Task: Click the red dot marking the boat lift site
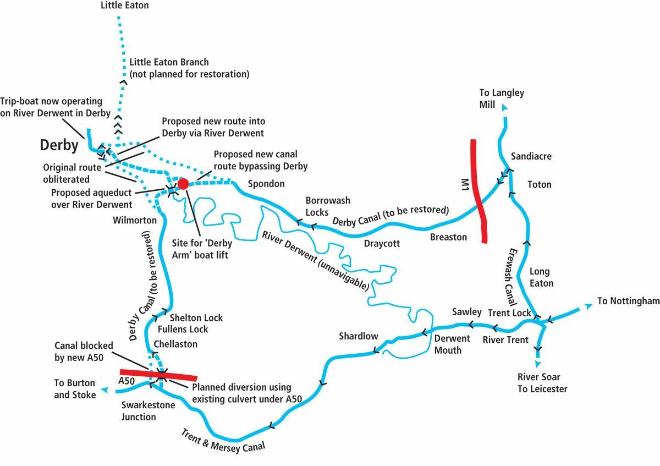(183, 183)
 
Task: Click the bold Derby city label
(58, 146)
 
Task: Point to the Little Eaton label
(125, 6)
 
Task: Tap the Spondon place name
(266, 184)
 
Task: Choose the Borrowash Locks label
(328, 206)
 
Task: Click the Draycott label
(381, 243)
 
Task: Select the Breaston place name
(448, 237)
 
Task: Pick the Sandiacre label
(531, 156)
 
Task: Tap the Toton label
(539, 184)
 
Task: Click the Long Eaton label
(541, 277)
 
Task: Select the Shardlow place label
(359, 336)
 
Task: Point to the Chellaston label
(175, 344)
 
